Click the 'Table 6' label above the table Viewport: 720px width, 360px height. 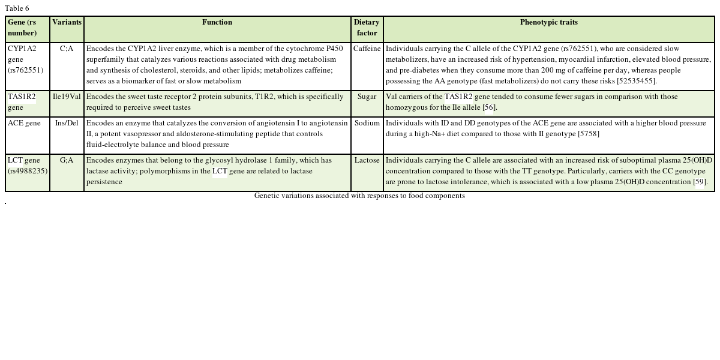click(x=17, y=8)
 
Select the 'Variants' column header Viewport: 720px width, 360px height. click(x=67, y=22)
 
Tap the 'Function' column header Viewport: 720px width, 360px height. click(x=217, y=22)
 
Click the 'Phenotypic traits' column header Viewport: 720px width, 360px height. click(x=548, y=22)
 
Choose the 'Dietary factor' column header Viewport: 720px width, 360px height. click(x=367, y=28)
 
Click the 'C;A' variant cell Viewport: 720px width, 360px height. click(x=67, y=49)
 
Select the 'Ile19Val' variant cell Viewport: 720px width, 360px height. click(x=67, y=97)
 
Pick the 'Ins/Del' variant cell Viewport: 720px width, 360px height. click(x=67, y=123)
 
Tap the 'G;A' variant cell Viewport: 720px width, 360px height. click(x=67, y=160)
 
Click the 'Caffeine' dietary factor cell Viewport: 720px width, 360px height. click(x=367, y=49)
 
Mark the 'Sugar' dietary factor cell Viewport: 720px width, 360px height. click(x=367, y=97)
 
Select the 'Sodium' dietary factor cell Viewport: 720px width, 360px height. click(x=367, y=123)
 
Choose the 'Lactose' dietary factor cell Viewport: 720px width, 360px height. click(x=367, y=160)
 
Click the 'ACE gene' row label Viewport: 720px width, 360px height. click(x=24, y=123)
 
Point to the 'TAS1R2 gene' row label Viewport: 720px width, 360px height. click(x=22, y=102)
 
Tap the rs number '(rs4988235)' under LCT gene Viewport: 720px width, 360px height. click(x=28, y=171)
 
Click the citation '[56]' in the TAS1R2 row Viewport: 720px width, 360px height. click(x=490, y=107)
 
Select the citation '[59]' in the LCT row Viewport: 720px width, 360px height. click(x=700, y=182)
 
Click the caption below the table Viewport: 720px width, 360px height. click(x=359, y=196)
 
